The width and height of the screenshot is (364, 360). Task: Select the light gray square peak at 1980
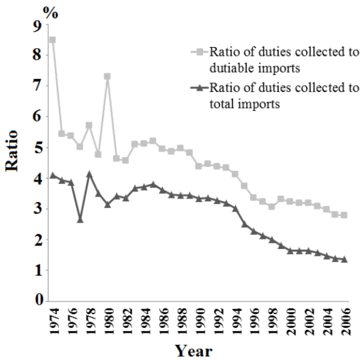click(x=107, y=77)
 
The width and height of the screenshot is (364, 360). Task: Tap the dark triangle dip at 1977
click(x=80, y=219)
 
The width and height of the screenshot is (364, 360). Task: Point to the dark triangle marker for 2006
click(x=344, y=259)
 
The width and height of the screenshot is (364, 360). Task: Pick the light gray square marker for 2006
click(x=344, y=215)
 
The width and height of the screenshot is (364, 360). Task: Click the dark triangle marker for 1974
click(x=52, y=175)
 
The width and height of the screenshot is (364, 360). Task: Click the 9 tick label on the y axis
click(x=38, y=25)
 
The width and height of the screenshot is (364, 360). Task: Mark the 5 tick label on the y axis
click(x=38, y=148)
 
